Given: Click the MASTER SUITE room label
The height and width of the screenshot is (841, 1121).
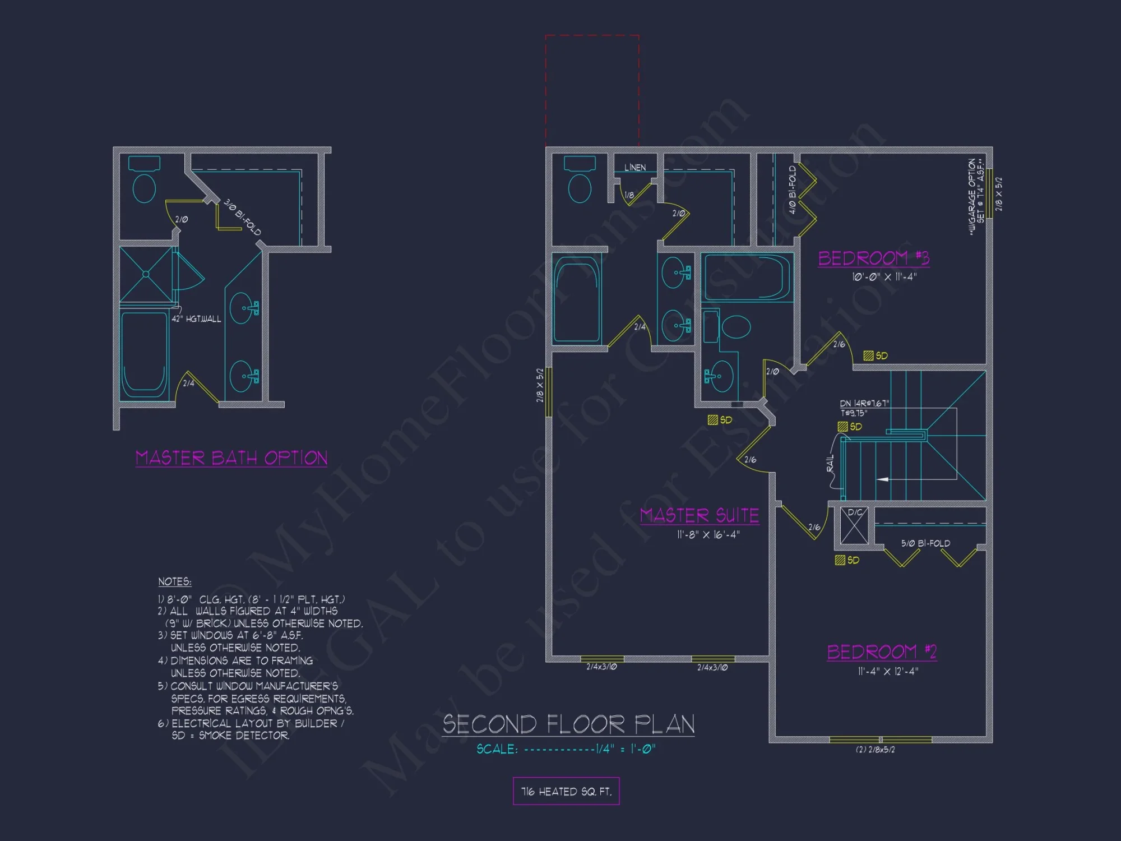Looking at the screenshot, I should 700,515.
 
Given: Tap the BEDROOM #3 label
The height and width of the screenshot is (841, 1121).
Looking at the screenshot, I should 873,258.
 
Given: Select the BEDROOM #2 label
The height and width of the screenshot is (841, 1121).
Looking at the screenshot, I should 882,651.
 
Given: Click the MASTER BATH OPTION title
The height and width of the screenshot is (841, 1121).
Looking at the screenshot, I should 231,458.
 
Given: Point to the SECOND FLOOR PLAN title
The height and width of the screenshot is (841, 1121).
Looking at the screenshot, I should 568,724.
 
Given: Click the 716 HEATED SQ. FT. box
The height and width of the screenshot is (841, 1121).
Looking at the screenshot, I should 566,791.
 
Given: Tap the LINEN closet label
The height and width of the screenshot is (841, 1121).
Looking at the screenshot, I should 635,168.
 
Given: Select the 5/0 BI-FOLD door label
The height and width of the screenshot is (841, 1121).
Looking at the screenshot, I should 925,543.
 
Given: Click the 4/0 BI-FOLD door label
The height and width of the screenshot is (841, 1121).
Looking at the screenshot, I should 793,190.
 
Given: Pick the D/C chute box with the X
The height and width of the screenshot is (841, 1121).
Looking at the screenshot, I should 854,527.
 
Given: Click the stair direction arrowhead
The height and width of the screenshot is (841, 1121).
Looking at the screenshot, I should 882,479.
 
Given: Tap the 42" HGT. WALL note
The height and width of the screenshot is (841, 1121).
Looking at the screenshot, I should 196,319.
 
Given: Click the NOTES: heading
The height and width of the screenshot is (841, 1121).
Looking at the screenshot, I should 174,582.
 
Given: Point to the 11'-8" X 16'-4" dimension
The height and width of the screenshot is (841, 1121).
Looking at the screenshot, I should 708,535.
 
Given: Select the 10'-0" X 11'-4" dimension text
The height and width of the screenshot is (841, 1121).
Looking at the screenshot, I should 884,277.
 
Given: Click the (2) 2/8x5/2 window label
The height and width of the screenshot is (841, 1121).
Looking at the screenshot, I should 875,750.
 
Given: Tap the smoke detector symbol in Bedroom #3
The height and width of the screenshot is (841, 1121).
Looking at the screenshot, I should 868,355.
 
